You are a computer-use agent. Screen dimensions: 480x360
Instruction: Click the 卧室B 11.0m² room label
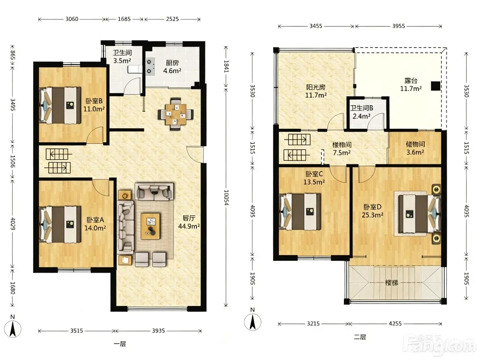pos(94,105)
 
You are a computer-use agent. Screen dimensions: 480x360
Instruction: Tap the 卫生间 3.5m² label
pos(122,56)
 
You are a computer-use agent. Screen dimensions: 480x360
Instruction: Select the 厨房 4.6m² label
pos(172,67)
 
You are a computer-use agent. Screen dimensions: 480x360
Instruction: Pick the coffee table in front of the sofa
pos(151,226)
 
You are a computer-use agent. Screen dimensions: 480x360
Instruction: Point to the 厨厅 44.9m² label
pos(189,222)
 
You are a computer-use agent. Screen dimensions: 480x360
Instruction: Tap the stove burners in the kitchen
pos(149,67)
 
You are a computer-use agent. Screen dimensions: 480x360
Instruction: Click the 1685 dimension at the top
pos(124,19)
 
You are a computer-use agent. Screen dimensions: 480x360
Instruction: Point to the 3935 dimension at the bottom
pos(158,331)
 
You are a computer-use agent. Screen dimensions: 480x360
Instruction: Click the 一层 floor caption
pos(120,344)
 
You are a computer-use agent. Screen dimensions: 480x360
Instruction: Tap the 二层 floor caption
pos(360,337)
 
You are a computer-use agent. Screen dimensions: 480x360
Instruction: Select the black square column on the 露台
pos(436,86)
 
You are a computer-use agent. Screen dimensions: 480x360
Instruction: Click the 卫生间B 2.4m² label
pos(361,112)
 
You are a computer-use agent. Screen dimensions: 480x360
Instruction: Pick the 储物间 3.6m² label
pos(415,148)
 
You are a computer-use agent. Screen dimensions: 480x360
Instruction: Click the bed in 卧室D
pos(417,214)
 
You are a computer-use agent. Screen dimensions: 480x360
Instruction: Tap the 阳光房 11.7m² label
pos(316,91)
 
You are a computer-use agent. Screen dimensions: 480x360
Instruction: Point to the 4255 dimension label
pos(395,323)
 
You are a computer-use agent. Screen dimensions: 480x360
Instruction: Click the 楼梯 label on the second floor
pos(391,282)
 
